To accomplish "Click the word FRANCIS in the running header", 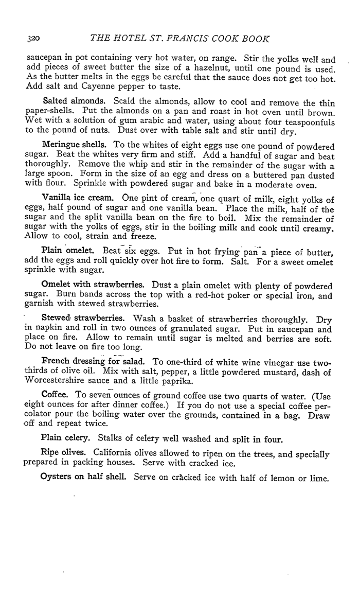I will click(x=190, y=39).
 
